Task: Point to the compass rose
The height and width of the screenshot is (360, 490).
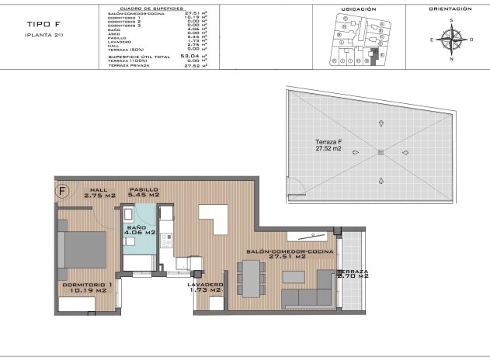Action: coord(450,36)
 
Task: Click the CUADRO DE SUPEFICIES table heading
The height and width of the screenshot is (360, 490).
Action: coord(150,9)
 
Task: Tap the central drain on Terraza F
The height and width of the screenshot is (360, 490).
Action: coord(381,152)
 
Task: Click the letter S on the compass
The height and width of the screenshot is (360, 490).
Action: coord(450,20)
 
